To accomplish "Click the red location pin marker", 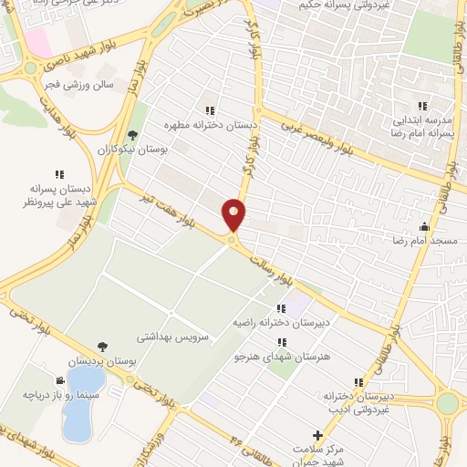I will [x=234, y=214].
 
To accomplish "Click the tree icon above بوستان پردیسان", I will [x=102, y=346].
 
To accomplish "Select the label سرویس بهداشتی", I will [x=173, y=336].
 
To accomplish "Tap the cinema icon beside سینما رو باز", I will [x=59, y=380].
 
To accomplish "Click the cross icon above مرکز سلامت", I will [x=317, y=435].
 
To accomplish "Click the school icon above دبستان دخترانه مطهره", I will [x=211, y=109].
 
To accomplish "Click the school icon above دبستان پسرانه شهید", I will [x=59, y=173].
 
